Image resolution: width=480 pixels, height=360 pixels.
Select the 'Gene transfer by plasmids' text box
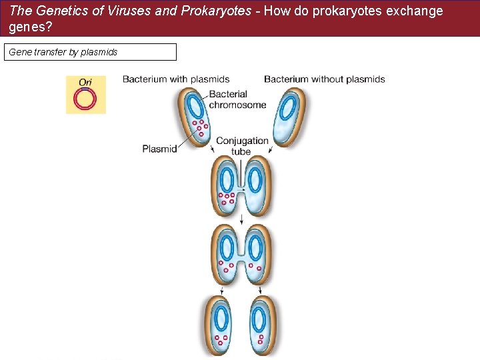point(90,52)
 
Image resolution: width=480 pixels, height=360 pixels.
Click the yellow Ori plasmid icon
point(85,95)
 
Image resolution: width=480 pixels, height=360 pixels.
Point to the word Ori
point(85,83)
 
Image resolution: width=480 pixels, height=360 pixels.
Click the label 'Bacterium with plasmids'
point(176,79)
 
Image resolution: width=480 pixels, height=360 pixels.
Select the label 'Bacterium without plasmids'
point(324,79)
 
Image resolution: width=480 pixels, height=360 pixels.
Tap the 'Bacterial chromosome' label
point(237,99)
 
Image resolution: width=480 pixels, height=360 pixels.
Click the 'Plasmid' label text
point(159,149)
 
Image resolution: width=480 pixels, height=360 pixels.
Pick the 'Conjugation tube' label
point(241,146)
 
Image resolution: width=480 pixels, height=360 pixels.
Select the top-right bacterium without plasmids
point(289,117)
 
